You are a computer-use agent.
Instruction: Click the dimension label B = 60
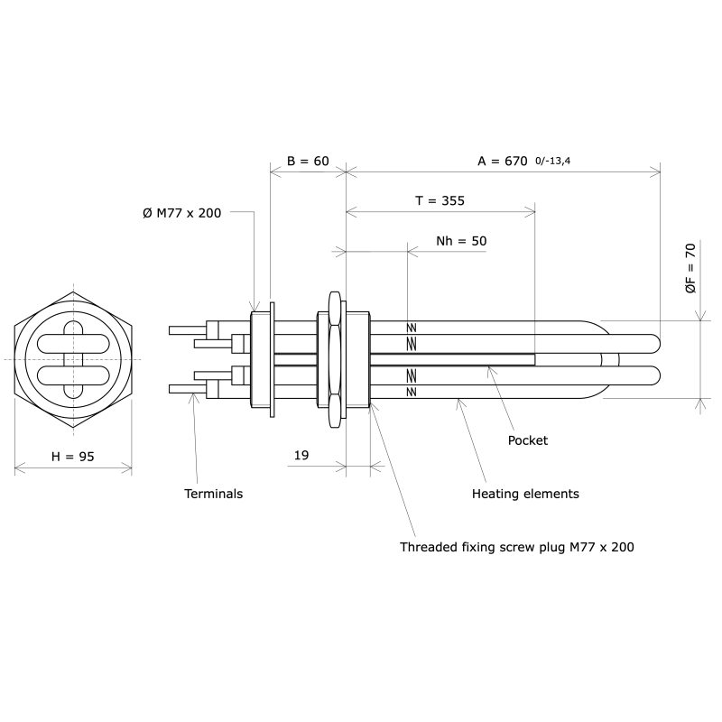[x=307, y=161]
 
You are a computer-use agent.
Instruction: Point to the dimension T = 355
[x=440, y=201]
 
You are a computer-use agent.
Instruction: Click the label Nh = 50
[x=460, y=241]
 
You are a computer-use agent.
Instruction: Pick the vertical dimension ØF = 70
[x=690, y=268]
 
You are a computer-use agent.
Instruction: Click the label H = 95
[x=73, y=457]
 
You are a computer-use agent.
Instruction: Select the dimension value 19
[x=301, y=456]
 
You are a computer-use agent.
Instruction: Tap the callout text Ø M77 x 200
[x=181, y=212]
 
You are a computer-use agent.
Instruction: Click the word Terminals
[x=213, y=494]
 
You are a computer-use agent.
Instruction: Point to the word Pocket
[x=528, y=440]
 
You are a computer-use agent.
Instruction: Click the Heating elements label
[x=525, y=494]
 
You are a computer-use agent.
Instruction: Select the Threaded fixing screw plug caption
[x=517, y=547]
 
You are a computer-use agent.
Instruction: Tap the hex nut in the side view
[x=335, y=359]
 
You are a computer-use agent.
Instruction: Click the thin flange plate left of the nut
[x=272, y=360]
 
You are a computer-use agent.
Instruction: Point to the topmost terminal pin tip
[x=172, y=330]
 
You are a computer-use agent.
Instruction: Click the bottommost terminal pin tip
[x=172, y=389]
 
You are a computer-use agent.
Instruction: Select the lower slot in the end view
[x=73, y=375]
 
